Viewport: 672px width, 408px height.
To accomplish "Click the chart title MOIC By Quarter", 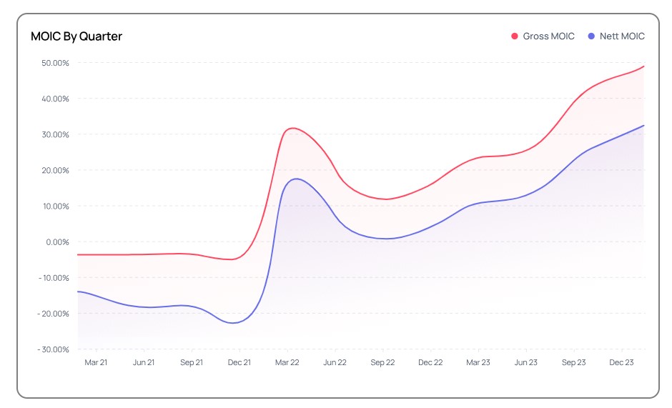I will point(76,36).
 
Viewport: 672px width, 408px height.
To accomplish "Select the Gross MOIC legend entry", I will point(548,36).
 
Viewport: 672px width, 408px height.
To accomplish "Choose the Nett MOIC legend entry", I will point(622,36).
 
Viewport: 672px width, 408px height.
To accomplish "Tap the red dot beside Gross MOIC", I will point(514,36).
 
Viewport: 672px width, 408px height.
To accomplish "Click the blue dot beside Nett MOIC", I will point(591,36).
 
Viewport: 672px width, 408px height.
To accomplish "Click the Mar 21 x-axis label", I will point(96,363).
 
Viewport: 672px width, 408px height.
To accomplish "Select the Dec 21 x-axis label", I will point(239,363).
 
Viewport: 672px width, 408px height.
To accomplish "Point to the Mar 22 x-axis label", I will point(287,363).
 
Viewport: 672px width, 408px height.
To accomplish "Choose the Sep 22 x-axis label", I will point(382,363).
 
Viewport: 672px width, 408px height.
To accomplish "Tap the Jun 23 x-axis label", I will point(525,363).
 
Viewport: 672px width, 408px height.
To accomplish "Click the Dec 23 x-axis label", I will point(621,363).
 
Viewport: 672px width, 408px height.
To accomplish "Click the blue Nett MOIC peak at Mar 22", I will point(295,179).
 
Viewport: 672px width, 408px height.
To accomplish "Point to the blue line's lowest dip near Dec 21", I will point(234,323).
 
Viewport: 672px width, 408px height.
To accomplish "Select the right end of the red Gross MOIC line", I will point(644,66).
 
